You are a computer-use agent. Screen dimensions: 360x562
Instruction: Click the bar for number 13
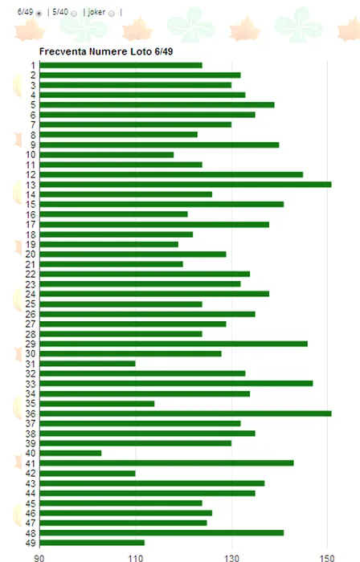click(186, 185)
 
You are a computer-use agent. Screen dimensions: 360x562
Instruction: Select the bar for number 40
click(71, 453)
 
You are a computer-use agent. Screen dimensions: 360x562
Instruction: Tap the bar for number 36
click(186, 413)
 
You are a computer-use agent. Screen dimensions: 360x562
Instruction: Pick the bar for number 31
click(88, 364)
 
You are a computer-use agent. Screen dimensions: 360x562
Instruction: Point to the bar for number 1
click(121, 65)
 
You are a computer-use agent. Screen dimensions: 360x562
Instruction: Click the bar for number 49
click(92, 543)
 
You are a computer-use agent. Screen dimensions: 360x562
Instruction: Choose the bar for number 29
click(174, 344)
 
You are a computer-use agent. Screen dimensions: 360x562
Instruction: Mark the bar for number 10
click(107, 155)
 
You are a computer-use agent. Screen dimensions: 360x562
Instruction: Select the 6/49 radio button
click(39, 14)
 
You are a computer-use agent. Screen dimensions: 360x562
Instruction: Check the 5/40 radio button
click(74, 14)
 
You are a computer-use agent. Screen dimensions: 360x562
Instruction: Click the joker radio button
click(112, 14)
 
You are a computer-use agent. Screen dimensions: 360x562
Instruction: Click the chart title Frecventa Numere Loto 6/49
click(106, 51)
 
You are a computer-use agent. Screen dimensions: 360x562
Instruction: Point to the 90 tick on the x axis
click(39, 558)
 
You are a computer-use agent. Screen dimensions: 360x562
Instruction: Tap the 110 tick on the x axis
click(136, 558)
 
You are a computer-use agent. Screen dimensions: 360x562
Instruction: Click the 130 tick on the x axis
click(231, 558)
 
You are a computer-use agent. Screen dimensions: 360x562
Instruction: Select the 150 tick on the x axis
click(327, 558)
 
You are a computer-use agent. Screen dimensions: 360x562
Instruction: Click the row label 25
click(31, 304)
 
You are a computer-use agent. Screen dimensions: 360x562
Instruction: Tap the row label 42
click(31, 473)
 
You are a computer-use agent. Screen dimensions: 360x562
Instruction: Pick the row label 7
click(33, 124)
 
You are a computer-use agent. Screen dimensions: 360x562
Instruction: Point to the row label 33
click(31, 384)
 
